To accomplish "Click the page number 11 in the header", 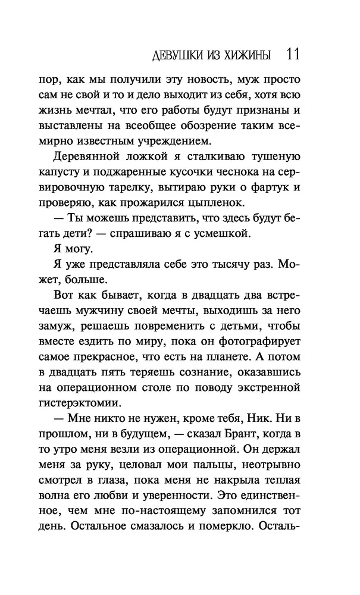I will pos(292,55).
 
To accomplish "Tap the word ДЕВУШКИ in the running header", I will pos(176,55).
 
